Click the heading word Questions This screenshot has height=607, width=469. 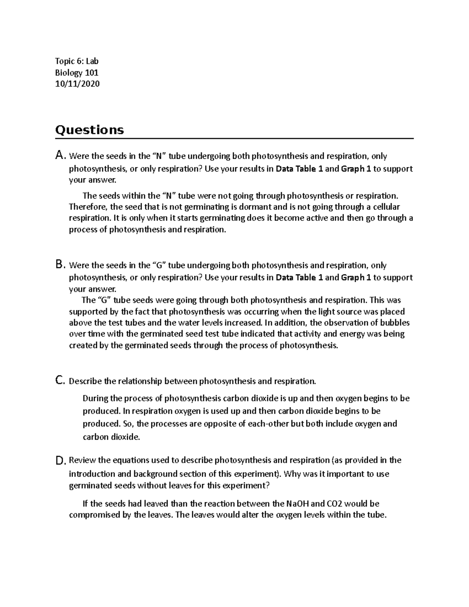point(90,130)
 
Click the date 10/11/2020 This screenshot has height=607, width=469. point(77,84)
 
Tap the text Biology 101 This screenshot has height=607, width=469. point(77,73)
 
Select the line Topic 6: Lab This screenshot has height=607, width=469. point(77,61)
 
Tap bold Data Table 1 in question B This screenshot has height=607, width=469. point(299,278)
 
